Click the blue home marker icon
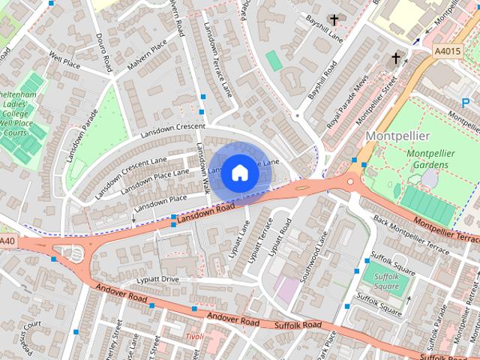click(x=239, y=172)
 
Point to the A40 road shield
click(x=7, y=241)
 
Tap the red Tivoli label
click(x=194, y=337)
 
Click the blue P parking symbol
click(x=466, y=101)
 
